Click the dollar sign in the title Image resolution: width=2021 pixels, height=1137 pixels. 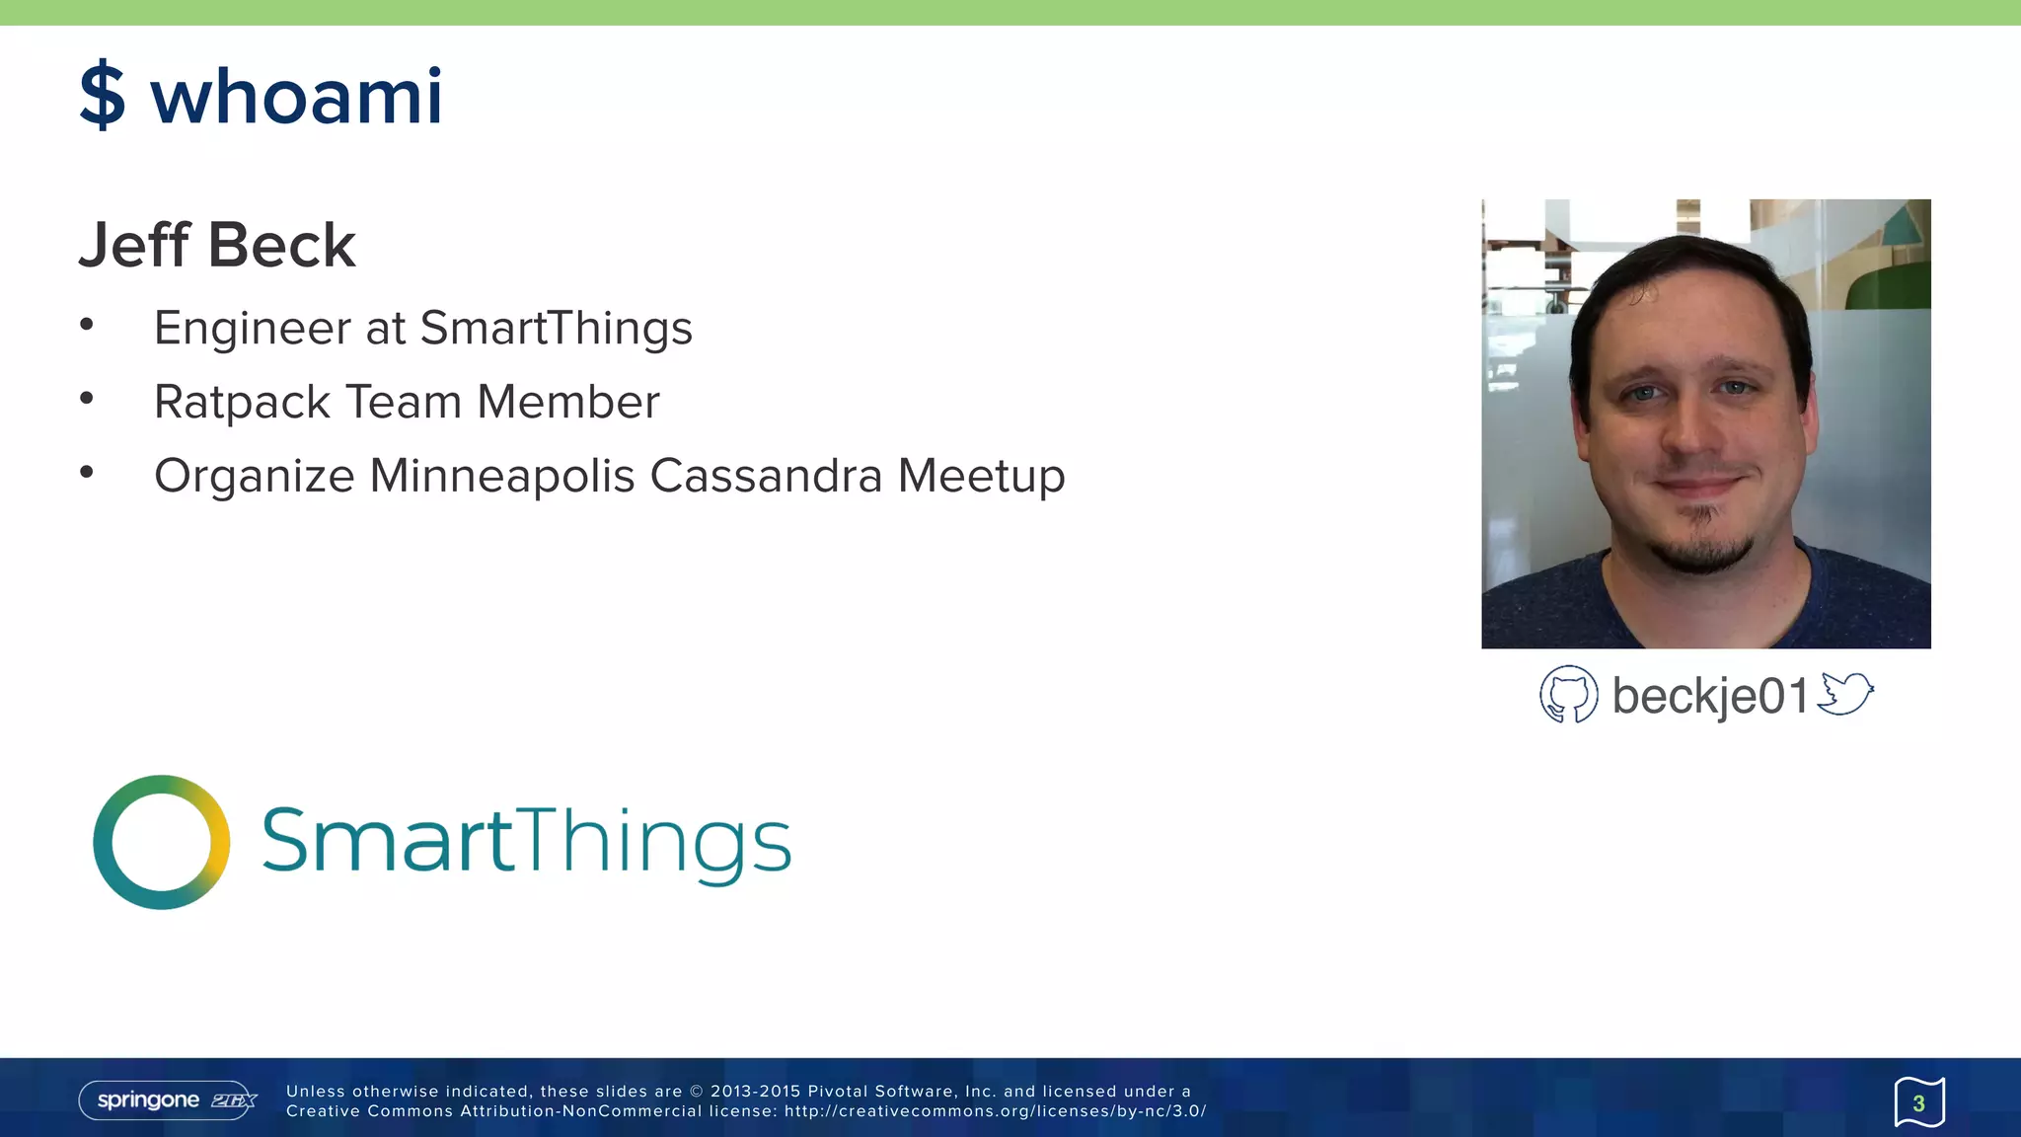[x=103, y=96]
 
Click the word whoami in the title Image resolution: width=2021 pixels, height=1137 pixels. [x=296, y=97]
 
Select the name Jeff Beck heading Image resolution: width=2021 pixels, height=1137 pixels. [x=217, y=245]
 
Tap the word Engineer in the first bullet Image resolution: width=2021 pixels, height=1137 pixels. [x=253, y=329]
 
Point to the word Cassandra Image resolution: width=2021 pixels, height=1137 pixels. [x=765, y=476]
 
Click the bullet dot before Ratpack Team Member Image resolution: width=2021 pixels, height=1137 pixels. [x=87, y=398]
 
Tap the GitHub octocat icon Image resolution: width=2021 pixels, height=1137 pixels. [x=1568, y=695]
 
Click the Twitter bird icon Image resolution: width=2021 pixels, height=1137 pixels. [x=1845, y=693]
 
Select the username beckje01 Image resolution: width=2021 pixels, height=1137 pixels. [x=1709, y=696]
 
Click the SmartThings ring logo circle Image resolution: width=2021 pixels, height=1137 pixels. [x=162, y=842]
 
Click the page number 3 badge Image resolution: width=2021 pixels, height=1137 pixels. [x=1918, y=1102]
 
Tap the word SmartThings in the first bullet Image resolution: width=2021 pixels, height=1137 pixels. [x=556, y=329]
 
